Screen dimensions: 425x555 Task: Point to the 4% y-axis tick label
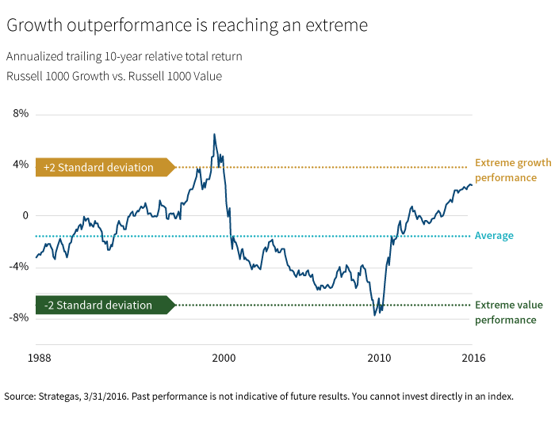(x=20, y=165)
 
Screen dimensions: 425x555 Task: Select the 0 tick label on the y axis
(x=25, y=215)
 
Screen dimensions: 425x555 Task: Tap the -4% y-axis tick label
(x=18, y=267)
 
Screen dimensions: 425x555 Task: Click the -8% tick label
(x=18, y=317)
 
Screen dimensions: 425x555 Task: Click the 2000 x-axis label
(x=224, y=358)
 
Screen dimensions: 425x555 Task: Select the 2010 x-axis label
(x=379, y=358)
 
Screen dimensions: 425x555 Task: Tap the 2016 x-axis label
(x=473, y=358)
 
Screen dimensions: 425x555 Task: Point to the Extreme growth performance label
(x=512, y=170)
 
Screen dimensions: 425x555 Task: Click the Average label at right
(x=494, y=236)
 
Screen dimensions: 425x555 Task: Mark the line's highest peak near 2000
(x=214, y=134)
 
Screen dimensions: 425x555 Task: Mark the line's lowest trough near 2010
(x=375, y=315)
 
